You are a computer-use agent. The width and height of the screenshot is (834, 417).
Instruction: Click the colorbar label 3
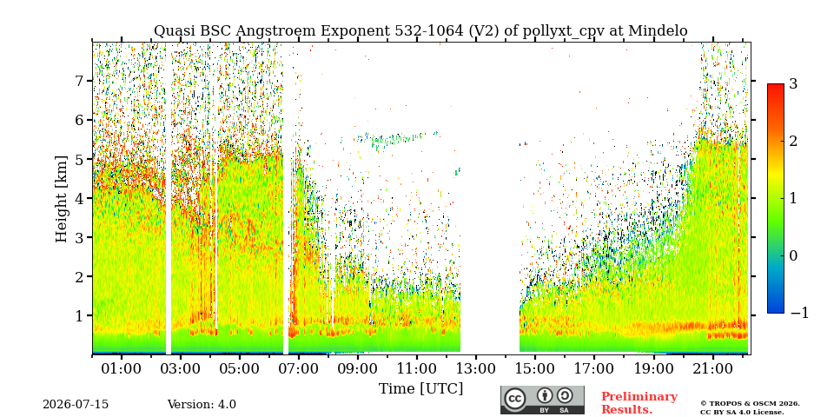(793, 84)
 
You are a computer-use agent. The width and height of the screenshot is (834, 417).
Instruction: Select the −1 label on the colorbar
(799, 313)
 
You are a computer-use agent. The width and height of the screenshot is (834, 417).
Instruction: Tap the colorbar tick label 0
(793, 255)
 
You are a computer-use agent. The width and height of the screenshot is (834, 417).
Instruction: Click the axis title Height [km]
(62, 199)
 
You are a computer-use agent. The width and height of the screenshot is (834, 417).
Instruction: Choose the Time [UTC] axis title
(420, 389)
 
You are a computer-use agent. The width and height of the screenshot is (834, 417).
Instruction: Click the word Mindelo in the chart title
(658, 31)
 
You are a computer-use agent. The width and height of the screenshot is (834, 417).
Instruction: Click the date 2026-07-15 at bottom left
(76, 405)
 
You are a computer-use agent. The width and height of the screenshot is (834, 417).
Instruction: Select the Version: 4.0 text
(202, 405)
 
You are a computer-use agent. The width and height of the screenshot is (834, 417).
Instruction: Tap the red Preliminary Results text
(639, 403)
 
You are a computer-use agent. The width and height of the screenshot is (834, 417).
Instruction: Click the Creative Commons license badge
(542, 400)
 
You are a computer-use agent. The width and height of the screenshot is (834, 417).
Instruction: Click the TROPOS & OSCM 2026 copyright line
(750, 404)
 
